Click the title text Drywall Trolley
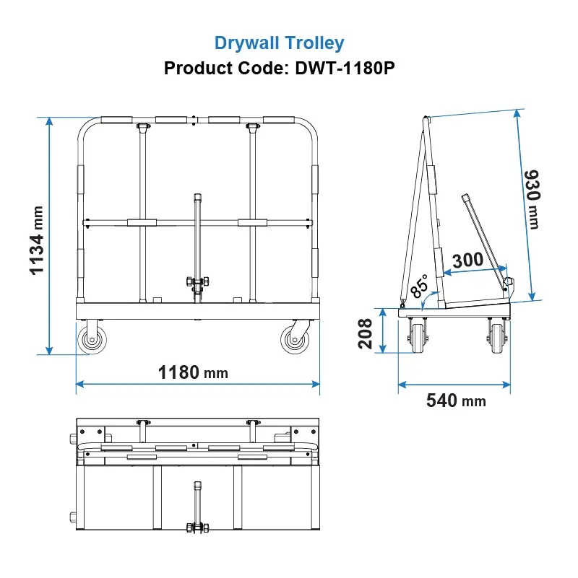click(279, 43)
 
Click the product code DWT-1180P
click(345, 68)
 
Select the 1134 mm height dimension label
click(37, 240)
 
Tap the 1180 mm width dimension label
click(193, 372)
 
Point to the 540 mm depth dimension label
click(456, 400)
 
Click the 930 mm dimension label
click(532, 199)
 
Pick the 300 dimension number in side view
click(467, 260)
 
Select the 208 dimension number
click(365, 333)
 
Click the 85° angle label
click(420, 286)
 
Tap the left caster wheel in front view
click(92, 339)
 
